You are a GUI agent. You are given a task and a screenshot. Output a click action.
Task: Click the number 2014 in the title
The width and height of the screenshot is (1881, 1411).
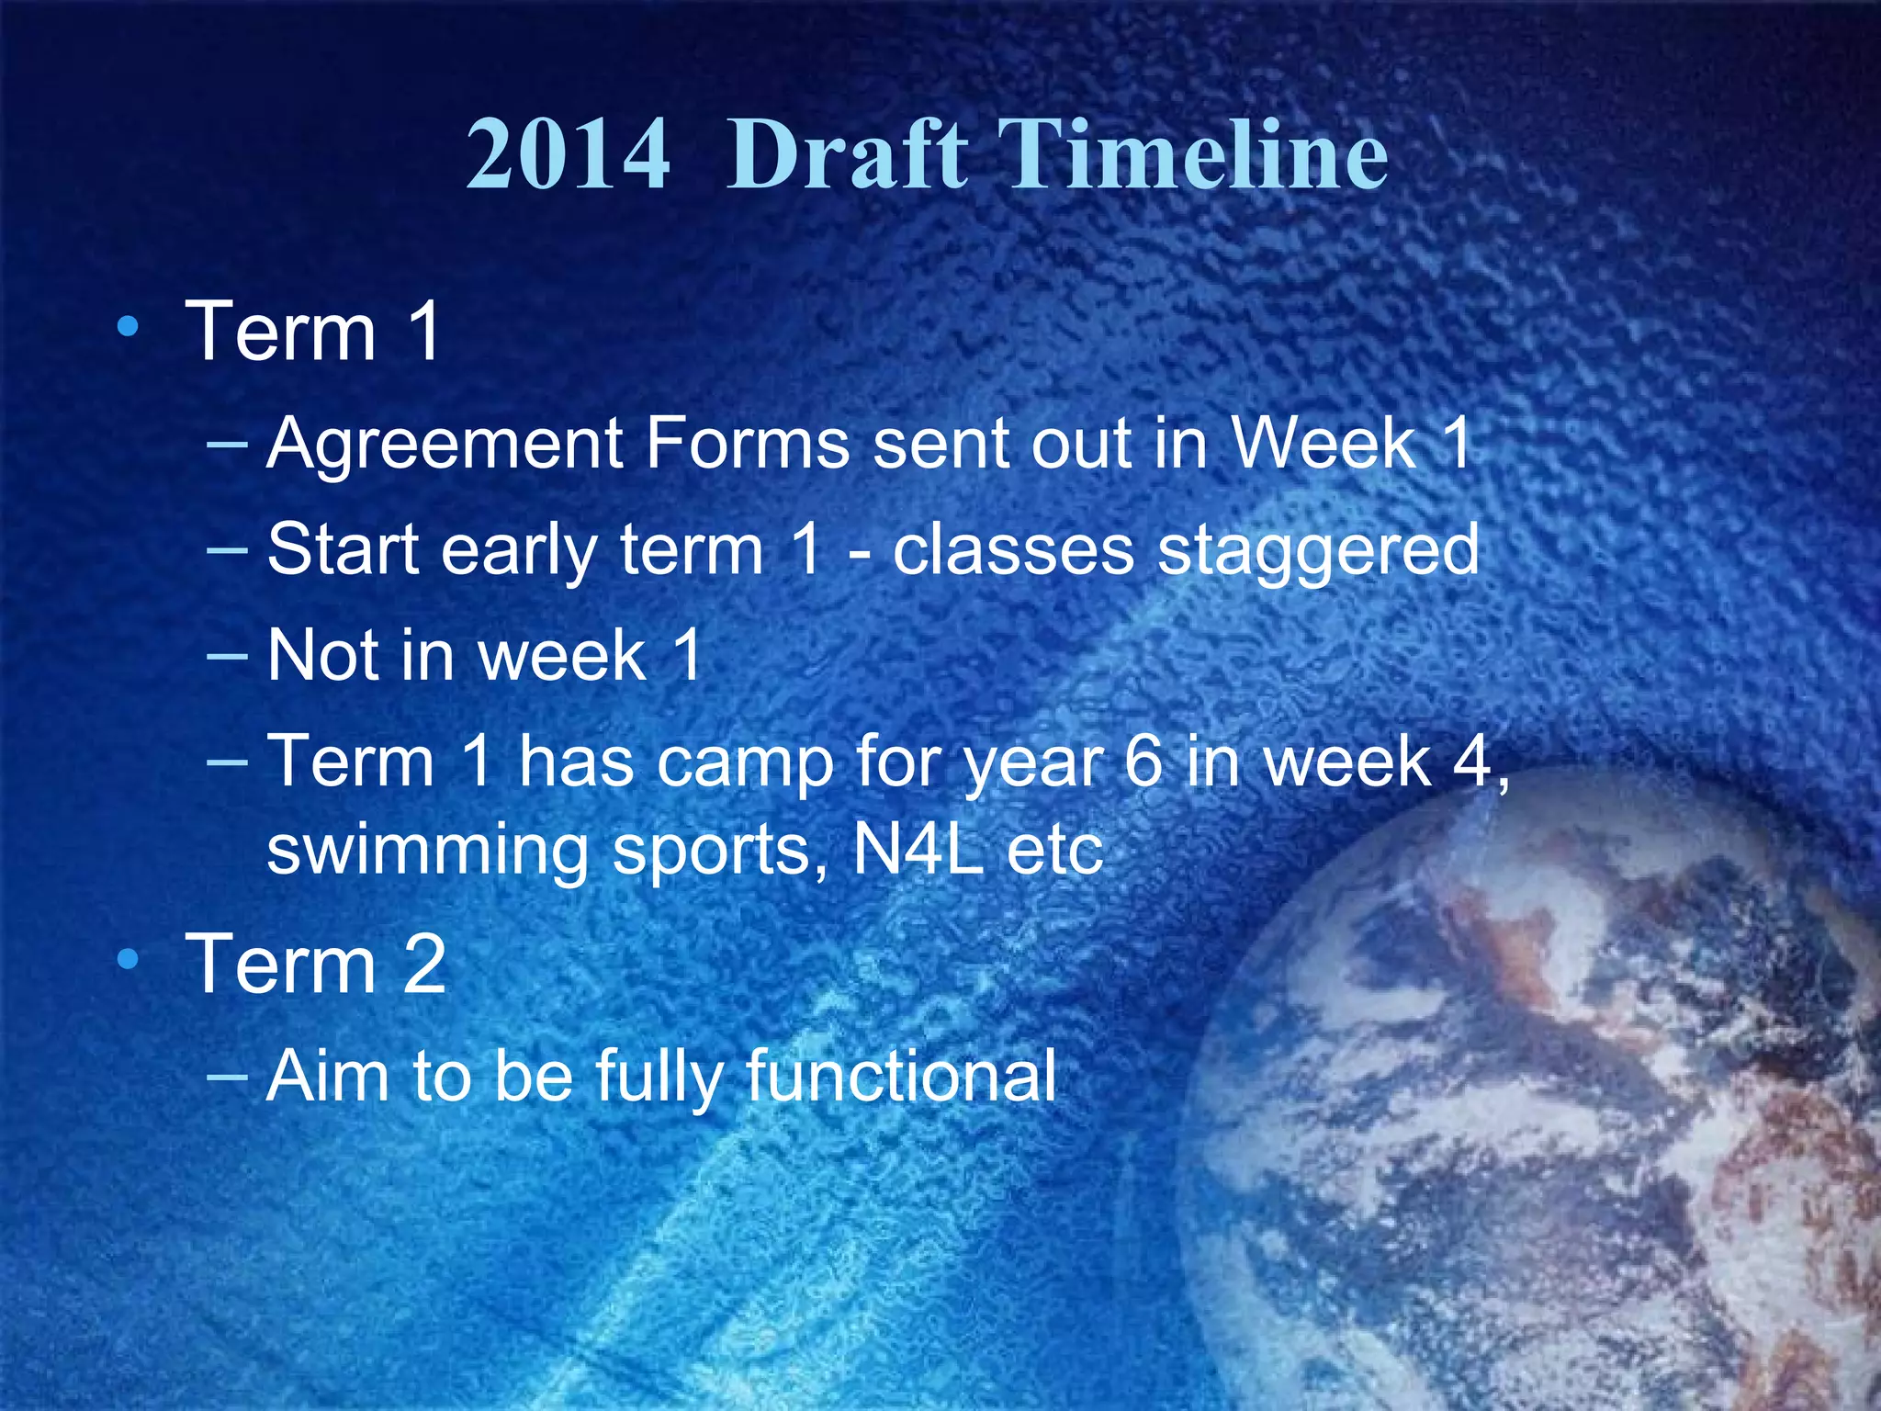click(568, 155)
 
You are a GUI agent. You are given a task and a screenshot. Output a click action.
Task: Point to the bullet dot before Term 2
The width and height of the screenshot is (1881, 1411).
click(129, 960)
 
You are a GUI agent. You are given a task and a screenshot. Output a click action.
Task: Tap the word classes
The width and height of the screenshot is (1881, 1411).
click(1013, 550)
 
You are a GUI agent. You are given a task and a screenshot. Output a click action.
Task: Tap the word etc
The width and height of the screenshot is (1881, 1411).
click(1054, 852)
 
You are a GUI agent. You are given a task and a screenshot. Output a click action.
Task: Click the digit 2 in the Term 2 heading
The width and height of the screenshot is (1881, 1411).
click(423, 965)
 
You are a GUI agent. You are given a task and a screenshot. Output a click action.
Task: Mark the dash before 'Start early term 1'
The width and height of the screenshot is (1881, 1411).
click(228, 551)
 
